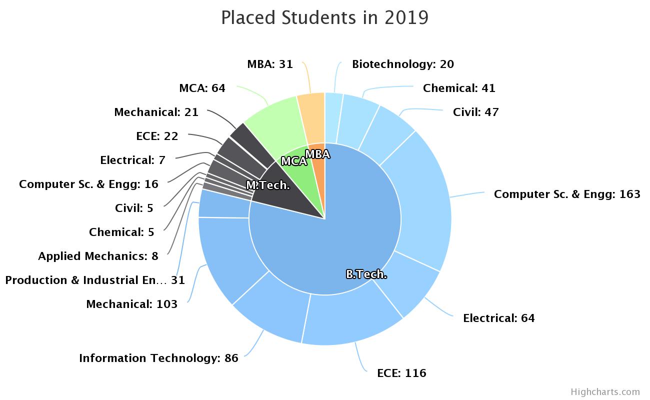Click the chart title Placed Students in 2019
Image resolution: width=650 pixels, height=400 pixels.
(324, 17)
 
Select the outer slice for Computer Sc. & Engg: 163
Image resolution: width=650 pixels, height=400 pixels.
(425, 200)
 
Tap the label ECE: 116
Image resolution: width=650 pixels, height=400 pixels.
(401, 373)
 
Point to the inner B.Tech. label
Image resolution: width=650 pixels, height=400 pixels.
(366, 274)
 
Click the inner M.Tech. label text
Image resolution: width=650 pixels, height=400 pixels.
(268, 185)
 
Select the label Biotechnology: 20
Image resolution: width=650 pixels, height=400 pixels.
(402, 64)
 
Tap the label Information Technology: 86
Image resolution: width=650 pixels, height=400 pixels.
(158, 358)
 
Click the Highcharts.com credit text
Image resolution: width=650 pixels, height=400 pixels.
(605, 391)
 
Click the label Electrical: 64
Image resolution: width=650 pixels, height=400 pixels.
(498, 318)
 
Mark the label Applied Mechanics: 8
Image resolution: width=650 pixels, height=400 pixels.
(98, 256)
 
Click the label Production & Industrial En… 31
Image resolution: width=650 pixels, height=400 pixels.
(95, 280)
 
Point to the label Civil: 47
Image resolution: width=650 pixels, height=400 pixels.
(475, 112)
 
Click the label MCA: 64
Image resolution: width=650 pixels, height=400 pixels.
(202, 88)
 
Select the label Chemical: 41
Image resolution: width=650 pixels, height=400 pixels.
(458, 88)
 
